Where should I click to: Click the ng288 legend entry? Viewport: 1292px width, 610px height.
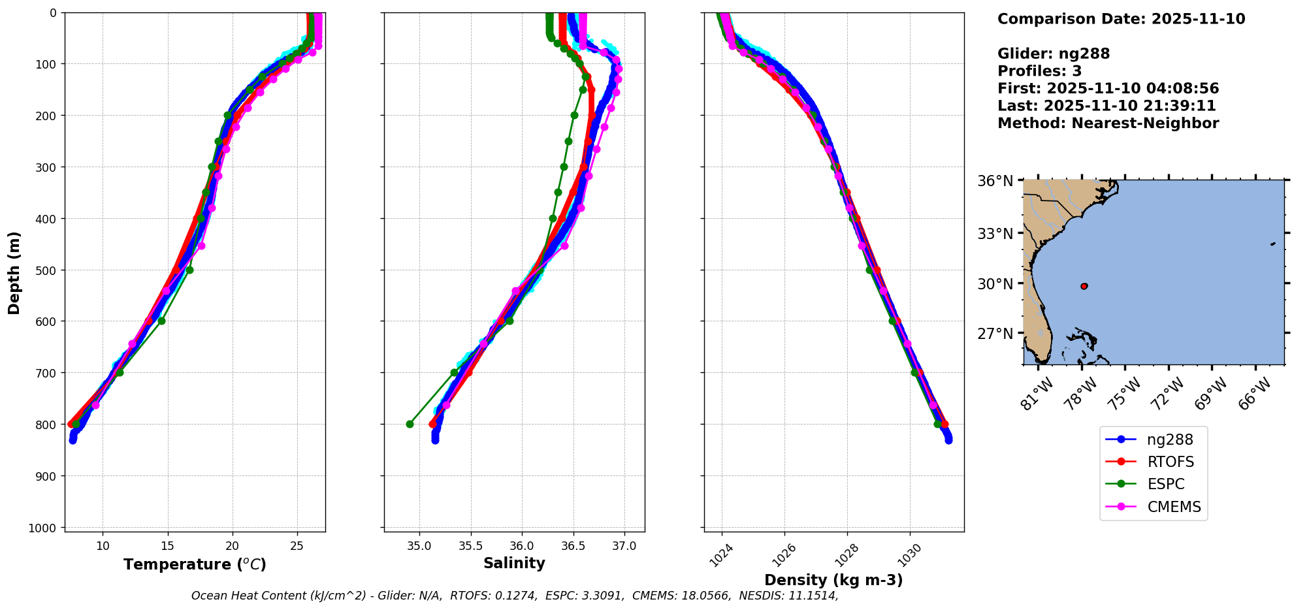click(1169, 440)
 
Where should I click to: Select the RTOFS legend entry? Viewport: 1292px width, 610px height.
click(1170, 462)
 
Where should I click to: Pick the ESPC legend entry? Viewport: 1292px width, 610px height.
click(1165, 484)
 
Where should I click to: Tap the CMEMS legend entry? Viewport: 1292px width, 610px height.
click(1173, 507)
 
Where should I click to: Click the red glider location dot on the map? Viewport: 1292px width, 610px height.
click(1084, 286)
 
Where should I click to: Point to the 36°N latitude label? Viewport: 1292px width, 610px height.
click(995, 180)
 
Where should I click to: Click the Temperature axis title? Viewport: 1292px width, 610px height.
click(195, 564)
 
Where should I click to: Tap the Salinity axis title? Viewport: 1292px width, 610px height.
click(514, 563)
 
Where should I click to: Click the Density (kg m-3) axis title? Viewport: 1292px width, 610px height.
click(833, 580)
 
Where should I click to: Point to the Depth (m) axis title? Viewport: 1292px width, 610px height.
click(14, 272)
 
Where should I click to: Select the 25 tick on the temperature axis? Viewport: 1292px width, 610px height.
click(297, 546)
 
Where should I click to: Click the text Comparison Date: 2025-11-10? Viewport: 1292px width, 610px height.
click(1121, 19)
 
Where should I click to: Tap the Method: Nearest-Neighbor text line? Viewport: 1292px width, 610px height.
click(1108, 123)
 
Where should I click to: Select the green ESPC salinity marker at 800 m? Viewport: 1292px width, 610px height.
click(410, 424)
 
